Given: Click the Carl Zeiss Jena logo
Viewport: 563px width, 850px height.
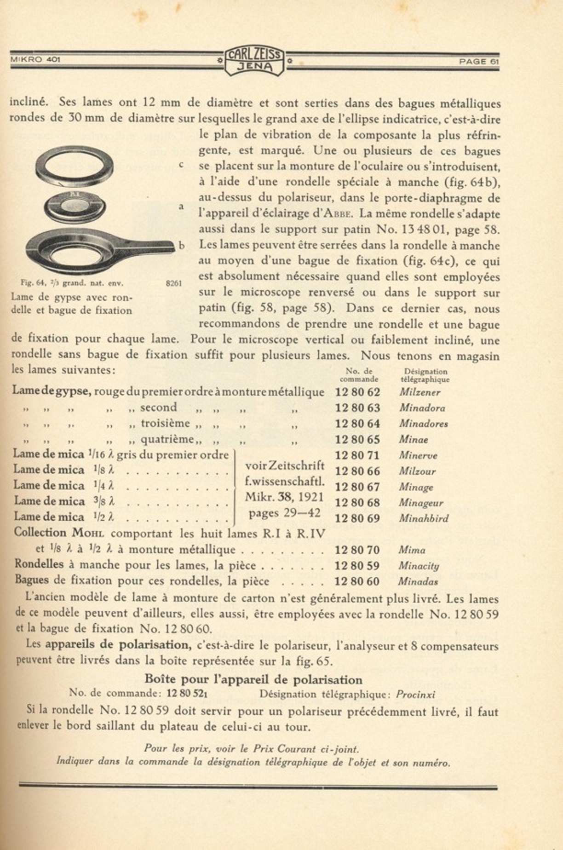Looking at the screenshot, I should (x=254, y=61).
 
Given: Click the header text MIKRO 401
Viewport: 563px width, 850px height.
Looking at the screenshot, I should (x=35, y=59).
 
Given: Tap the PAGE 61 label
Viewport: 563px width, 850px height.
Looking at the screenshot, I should (x=478, y=62).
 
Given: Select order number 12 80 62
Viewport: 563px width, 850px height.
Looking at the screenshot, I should (x=357, y=392).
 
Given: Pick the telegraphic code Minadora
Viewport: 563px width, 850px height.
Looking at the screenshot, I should (x=422, y=408).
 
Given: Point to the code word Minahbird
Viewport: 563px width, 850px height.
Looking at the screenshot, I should (x=423, y=518).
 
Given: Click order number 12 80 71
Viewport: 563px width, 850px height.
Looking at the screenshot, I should (x=357, y=455).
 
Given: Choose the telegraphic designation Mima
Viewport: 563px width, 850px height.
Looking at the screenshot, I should (x=412, y=550).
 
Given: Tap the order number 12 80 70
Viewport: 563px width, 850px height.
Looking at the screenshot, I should (x=357, y=550).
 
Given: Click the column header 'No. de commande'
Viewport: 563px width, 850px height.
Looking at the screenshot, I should (x=359, y=375).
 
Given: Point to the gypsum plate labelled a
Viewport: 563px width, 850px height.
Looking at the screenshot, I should (x=75, y=206).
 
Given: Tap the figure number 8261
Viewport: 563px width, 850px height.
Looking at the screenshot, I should (x=173, y=283).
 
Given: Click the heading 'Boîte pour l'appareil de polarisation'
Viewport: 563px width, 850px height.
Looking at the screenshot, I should (x=253, y=679).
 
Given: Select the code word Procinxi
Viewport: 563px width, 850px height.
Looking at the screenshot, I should (x=415, y=695).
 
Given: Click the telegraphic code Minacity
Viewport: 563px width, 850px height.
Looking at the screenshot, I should (x=419, y=566).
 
